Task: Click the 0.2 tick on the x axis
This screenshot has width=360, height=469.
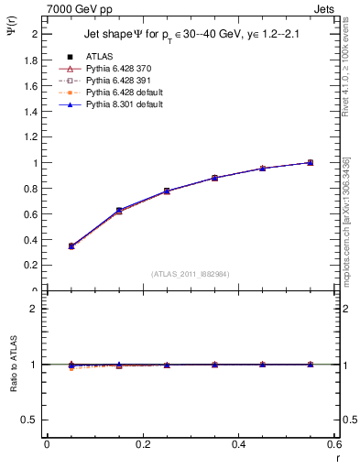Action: tap(142, 446)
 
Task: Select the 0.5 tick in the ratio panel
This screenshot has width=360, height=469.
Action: tap(34, 420)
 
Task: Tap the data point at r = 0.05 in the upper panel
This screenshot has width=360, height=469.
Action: tap(71, 245)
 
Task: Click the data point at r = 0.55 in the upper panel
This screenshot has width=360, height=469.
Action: tap(310, 162)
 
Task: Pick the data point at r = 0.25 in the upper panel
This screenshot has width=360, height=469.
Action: tap(167, 191)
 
